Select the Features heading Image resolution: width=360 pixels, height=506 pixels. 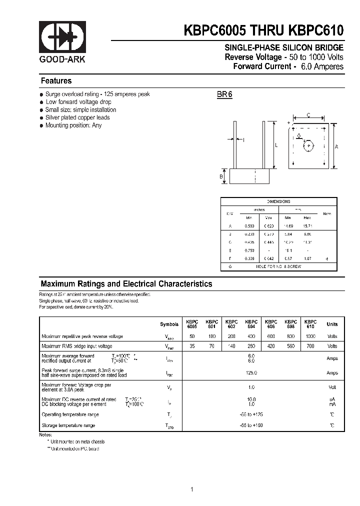(x=56, y=81)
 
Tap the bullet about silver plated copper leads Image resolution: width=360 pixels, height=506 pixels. (x=77, y=117)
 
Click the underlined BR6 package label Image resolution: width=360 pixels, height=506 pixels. (x=224, y=94)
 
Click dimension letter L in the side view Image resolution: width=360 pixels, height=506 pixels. (x=276, y=145)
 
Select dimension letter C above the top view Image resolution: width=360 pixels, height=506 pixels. (x=308, y=115)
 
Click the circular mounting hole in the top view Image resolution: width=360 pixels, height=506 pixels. (x=308, y=146)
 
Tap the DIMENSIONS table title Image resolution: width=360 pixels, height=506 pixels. (x=278, y=201)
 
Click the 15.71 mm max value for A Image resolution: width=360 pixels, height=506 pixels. (x=307, y=226)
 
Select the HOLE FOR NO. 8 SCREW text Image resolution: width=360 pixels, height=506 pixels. (x=278, y=267)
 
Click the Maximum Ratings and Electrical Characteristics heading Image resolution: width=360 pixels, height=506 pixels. (x=126, y=284)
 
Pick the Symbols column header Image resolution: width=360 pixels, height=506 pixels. (x=169, y=324)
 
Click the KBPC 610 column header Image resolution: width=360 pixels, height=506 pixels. (x=310, y=324)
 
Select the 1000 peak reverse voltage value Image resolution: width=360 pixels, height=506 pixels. (x=310, y=336)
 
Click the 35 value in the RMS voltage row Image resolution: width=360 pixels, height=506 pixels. (x=192, y=346)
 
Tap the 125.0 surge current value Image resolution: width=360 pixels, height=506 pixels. (x=251, y=373)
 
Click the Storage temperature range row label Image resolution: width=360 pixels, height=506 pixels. (x=68, y=425)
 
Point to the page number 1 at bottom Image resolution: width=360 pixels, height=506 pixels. (x=191, y=489)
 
